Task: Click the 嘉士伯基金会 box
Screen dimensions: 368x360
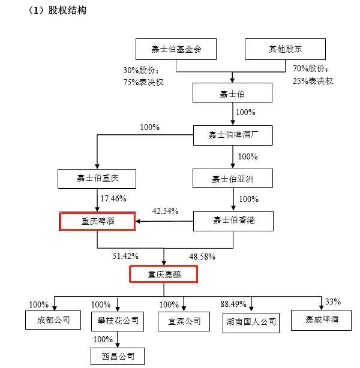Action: point(176,49)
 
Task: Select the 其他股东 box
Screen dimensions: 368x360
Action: point(286,49)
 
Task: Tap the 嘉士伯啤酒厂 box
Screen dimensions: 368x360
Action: point(232,135)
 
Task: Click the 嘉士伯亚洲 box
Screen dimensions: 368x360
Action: point(232,179)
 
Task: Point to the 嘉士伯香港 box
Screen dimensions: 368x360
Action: point(232,222)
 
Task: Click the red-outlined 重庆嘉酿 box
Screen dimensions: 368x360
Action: point(164,275)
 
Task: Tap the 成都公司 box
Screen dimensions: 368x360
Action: point(53,320)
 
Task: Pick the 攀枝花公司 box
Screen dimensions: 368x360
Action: point(118,321)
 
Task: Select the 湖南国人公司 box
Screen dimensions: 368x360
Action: point(250,322)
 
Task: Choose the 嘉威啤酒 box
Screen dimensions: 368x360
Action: point(321,319)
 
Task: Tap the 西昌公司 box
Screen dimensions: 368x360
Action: point(118,357)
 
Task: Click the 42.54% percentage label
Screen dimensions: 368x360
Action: point(165,211)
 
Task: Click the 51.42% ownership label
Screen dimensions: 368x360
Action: point(125,256)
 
